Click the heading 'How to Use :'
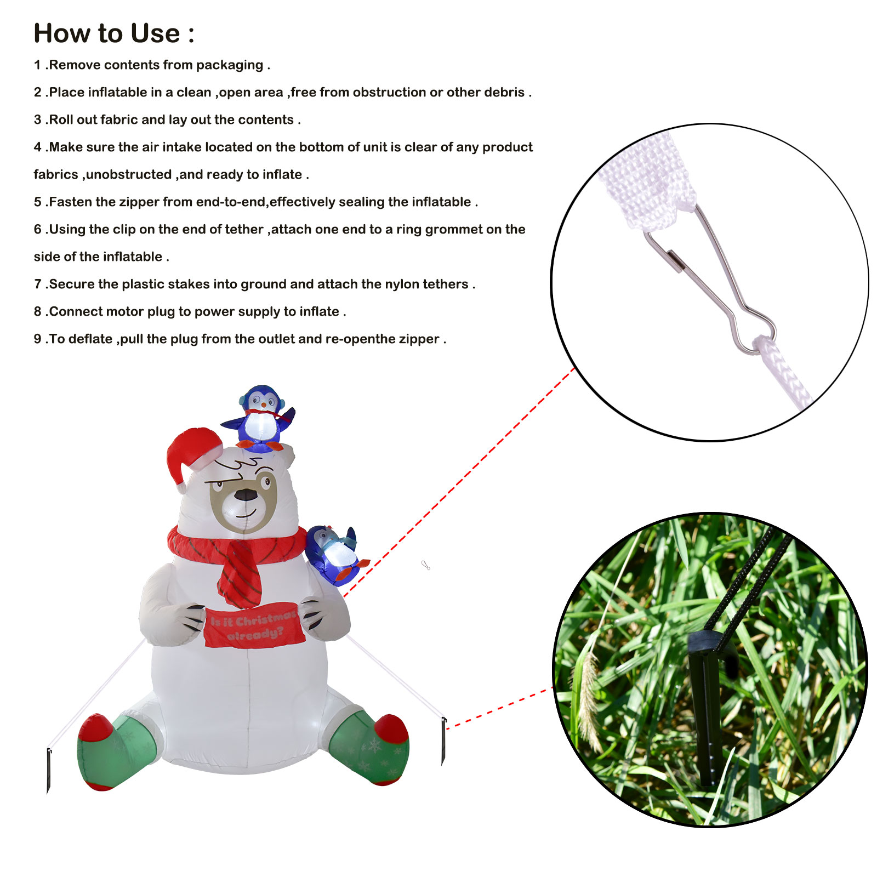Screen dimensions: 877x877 tap(113, 33)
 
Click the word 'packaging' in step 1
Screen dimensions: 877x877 tap(229, 65)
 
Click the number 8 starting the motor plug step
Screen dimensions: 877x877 tap(37, 312)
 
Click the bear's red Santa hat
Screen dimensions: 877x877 tap(192, 452)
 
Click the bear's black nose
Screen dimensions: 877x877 tap(246, 495)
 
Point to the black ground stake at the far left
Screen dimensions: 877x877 tap(49, 770)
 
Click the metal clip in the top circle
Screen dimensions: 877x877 tap(713, 280)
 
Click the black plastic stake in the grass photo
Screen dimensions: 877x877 tap(704, 707)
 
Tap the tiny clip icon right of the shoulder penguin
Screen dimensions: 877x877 tap(425, 565)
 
